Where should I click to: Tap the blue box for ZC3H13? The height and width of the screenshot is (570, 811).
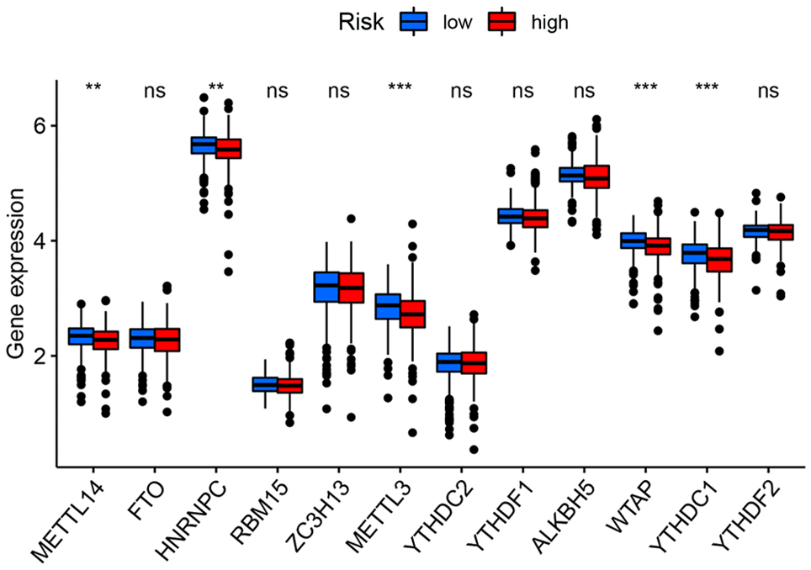point(326,287)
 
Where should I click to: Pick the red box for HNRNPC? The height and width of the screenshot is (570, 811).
point(228,149)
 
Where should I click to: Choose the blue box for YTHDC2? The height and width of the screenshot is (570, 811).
point(448,362)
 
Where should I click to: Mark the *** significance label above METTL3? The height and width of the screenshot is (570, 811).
point(400,87)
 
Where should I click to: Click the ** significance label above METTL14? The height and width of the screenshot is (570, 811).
point(93,87)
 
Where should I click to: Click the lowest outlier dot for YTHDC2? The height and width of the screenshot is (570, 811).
point(461,450)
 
